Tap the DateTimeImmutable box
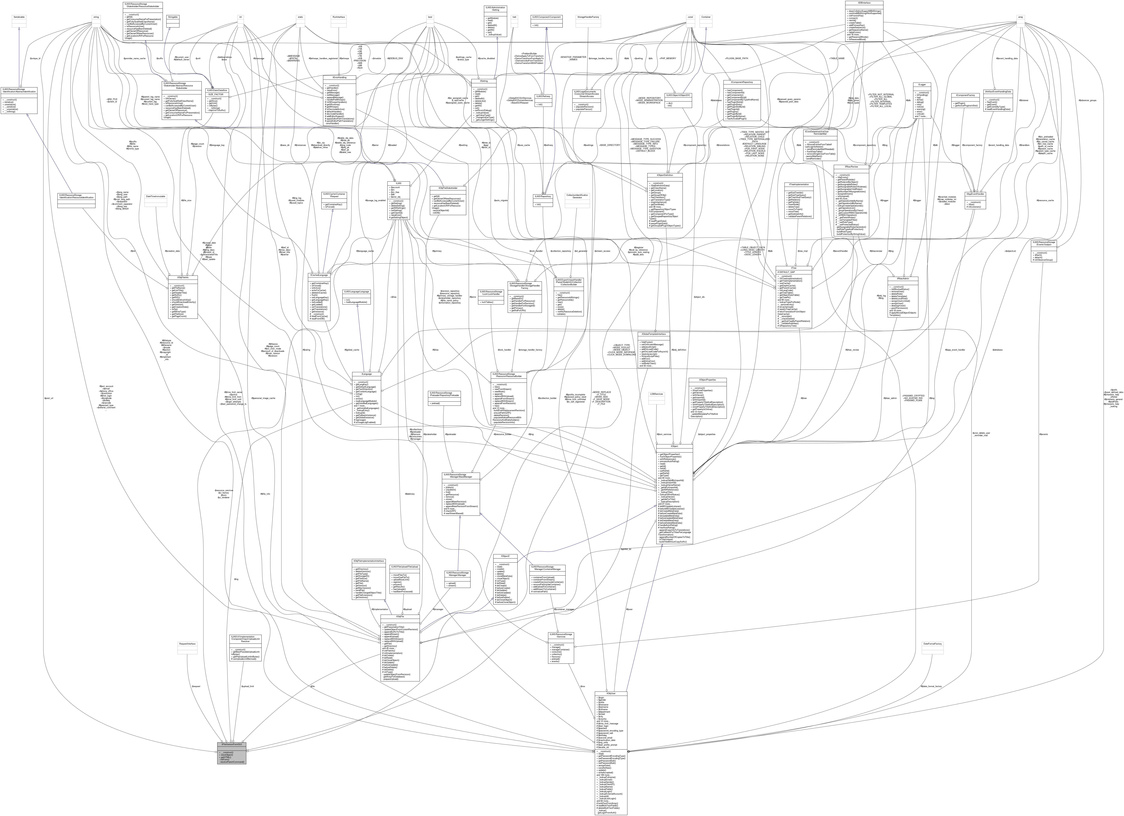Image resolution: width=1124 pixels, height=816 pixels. point(156,196)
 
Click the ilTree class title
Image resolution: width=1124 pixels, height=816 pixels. point(793,268)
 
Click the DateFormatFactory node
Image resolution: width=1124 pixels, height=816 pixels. point(932,644)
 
